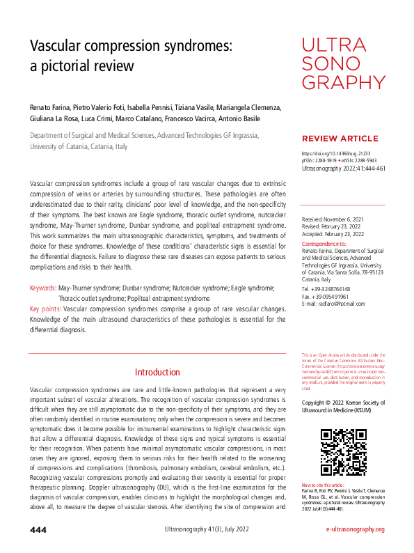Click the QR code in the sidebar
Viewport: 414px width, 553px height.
[x=343, y=453]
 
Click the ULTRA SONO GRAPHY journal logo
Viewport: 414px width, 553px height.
[x=334, y=65]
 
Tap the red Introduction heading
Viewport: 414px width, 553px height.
[x=157, y=373]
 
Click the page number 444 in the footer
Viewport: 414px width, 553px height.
[x=38, y=530]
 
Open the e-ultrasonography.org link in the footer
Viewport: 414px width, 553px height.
[x=355, y=530]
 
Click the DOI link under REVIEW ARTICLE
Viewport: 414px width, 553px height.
[x=335, y=153]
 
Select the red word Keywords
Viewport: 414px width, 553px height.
[x=43, y=287]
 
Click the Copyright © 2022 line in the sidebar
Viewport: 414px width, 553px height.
[x=343, y=403]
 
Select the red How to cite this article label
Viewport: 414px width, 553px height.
[x=323, y=484]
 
